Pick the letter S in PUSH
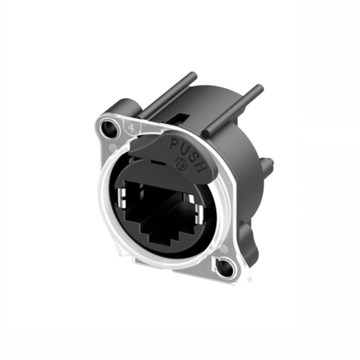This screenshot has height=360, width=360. coord(193,155)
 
